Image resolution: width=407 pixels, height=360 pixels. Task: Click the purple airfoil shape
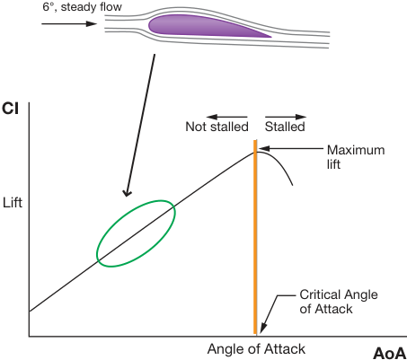tap(204, 26)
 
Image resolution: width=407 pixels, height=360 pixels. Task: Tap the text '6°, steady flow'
tap(83, 7)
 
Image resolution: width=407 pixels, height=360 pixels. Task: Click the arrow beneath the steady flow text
tap(69, 23)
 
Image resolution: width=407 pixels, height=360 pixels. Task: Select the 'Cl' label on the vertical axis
tap(10, 109)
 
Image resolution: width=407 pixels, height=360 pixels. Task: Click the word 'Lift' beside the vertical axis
tap(13, 203)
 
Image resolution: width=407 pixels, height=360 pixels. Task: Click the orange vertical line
tap(255, 237)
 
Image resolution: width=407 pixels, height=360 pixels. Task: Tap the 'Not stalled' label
tap(217, 127)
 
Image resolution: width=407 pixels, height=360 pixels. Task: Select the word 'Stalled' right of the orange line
tap(285, 127)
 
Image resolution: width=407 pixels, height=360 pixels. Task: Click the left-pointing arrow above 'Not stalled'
tap(226, 117)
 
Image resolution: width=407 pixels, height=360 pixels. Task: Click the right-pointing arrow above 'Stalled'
tap(286, 117)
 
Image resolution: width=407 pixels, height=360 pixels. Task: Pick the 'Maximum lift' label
tap(356, 157)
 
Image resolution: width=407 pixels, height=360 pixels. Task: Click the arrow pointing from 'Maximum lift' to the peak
tap(291, 148)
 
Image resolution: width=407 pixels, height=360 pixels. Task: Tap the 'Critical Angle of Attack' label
tap(339, 302)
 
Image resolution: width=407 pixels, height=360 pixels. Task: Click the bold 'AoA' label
tap(390, 354)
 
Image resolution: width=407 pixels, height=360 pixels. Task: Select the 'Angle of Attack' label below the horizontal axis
tap(256, 349)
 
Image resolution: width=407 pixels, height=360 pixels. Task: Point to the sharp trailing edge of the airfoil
tap(271, 37)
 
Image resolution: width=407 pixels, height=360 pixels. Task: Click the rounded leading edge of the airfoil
tap(149, 24)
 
